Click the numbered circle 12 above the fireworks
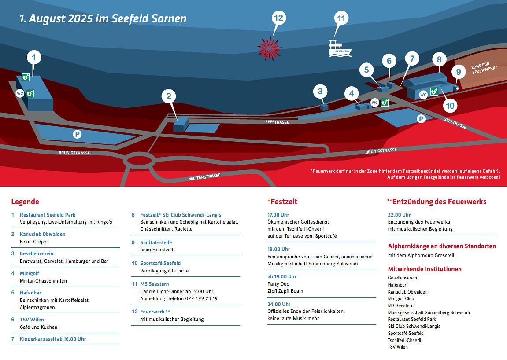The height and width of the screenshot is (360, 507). (x=278, y=18)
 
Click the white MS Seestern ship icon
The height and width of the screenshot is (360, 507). (x=339, y=48)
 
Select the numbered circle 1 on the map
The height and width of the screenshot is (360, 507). (x=34, y=57)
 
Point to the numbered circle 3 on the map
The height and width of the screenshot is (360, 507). (x=320, y=92)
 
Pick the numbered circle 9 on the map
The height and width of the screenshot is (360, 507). (x=458, y=72)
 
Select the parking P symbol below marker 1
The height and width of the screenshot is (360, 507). (x=78, y=134)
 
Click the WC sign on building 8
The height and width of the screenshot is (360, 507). (x=423, y=95)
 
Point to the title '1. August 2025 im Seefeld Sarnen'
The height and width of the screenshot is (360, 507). (x=103, y=19)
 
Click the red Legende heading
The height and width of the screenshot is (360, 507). (x=25, y=202)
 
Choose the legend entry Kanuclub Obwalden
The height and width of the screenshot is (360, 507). (x=42, y=234)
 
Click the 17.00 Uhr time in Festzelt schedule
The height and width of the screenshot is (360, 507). (x=278, y=215)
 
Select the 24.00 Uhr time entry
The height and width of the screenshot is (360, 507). (x=279, y=304)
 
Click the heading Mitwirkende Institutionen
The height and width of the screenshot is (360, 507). (x=425, y=269)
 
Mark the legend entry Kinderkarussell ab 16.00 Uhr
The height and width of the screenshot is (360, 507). (x=52, y=339)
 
